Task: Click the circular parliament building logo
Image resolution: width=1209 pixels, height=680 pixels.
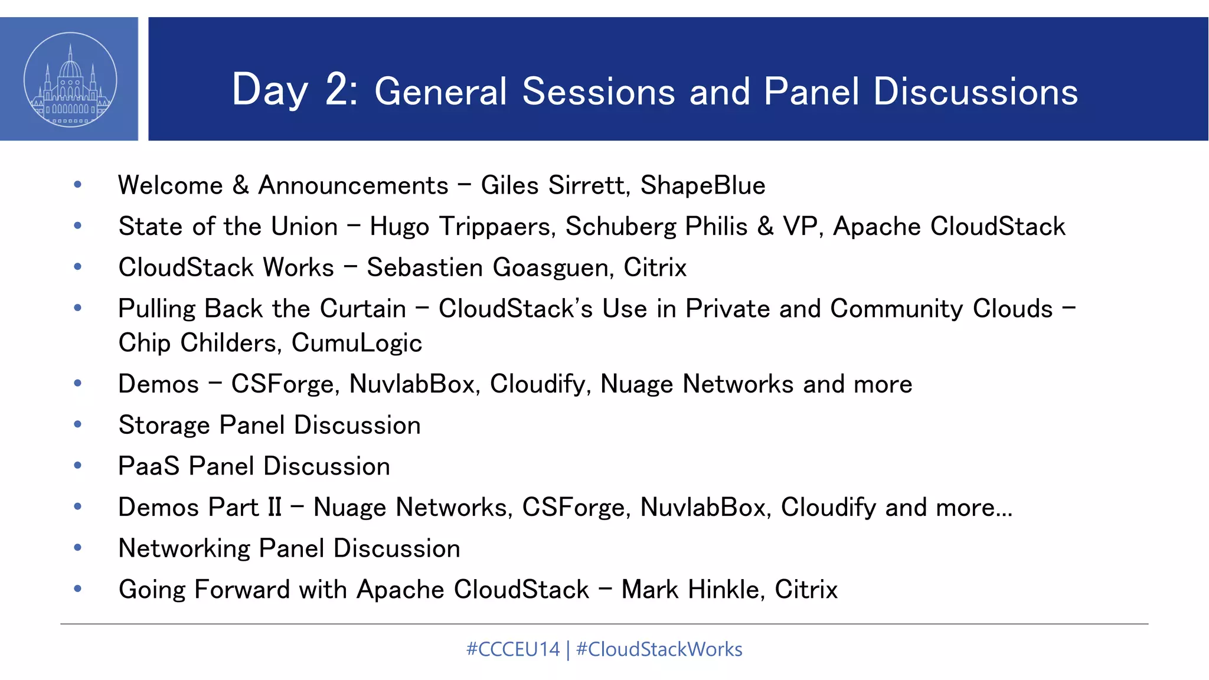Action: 70,80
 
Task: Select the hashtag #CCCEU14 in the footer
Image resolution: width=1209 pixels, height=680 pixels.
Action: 512,649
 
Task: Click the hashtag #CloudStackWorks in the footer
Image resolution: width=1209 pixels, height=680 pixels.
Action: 659,649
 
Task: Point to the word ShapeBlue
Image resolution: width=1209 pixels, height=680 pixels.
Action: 702,185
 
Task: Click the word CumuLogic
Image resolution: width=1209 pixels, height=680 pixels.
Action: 357,343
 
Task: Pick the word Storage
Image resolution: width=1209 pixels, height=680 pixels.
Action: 164,426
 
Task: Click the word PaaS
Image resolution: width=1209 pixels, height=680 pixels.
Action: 149,466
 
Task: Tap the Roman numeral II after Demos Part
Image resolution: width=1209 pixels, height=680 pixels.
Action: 275,508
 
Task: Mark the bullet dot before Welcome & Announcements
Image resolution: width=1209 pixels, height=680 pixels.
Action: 77,185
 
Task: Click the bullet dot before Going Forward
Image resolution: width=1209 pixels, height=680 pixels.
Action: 77,589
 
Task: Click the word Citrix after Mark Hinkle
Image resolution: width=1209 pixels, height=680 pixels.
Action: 806,590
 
